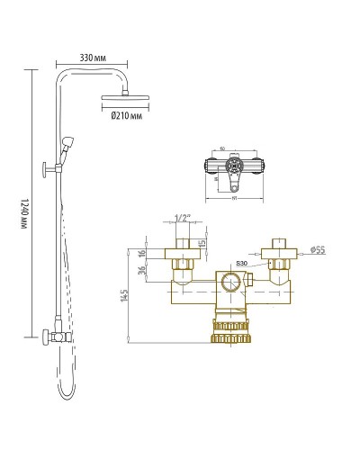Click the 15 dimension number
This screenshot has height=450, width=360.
[x=202, y=245]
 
